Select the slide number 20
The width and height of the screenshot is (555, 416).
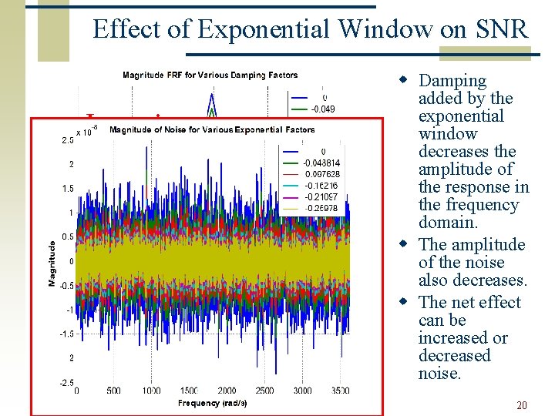[522, 405]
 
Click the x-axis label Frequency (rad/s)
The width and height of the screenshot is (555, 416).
[213, 403]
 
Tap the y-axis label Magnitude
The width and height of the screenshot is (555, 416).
[52, 263]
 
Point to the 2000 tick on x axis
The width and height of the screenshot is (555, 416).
[227, 391]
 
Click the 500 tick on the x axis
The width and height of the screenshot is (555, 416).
[113, 391]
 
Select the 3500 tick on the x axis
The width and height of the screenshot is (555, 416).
[339, 391]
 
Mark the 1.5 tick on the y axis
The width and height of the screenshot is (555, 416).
[68, 189]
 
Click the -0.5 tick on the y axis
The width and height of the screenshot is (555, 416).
[66, 285]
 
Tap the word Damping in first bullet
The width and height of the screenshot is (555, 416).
[452, 81]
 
